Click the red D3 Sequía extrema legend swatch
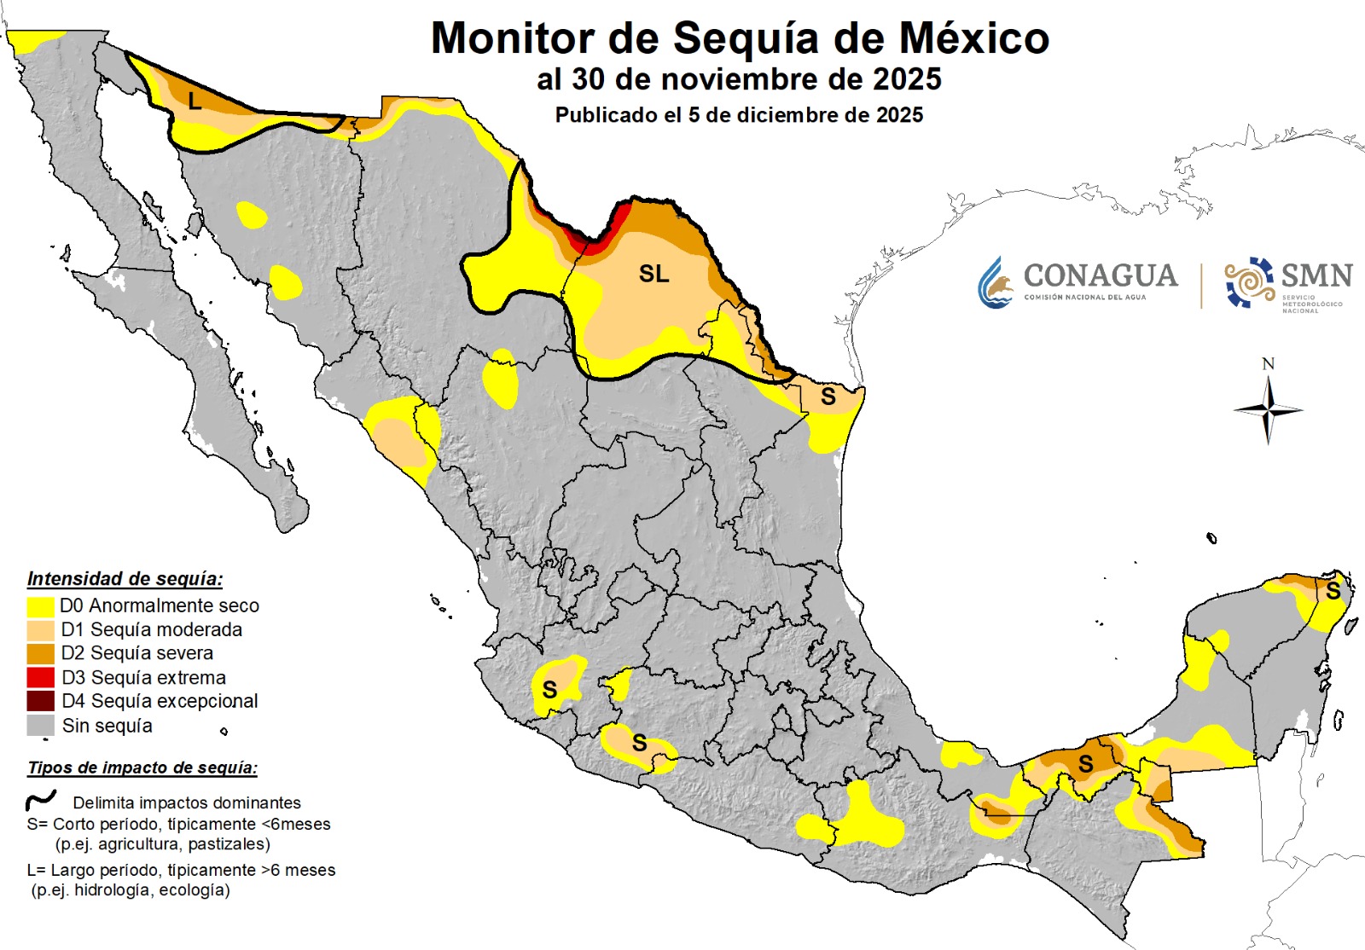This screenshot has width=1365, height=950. (x=41, y=678)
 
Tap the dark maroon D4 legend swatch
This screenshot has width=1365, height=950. (x=41, y=701)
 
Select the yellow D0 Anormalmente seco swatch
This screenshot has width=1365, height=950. (x=41, y=606)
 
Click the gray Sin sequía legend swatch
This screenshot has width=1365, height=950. (x=41, y=726)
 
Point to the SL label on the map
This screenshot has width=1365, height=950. (x=653, y=274)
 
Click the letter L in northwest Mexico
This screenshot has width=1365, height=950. (x=195, y=102)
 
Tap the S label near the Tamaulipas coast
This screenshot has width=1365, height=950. (x=828, y=397)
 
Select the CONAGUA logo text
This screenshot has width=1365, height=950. (x=1100, y=275)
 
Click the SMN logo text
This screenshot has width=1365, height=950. (x=1316, y=275)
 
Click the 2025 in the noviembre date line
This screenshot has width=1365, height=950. (x=907, y=79)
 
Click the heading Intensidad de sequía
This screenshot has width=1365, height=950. (x=125, y=579)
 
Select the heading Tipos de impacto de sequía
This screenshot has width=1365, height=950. (x=142, y=768)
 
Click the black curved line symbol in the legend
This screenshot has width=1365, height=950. (x=41, y=801)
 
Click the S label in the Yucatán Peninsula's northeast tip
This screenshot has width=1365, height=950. (x=1333, y=591)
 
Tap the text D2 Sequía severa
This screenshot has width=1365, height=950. (x=136, y=653)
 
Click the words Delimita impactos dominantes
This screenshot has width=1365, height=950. (x=187, y=803)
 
